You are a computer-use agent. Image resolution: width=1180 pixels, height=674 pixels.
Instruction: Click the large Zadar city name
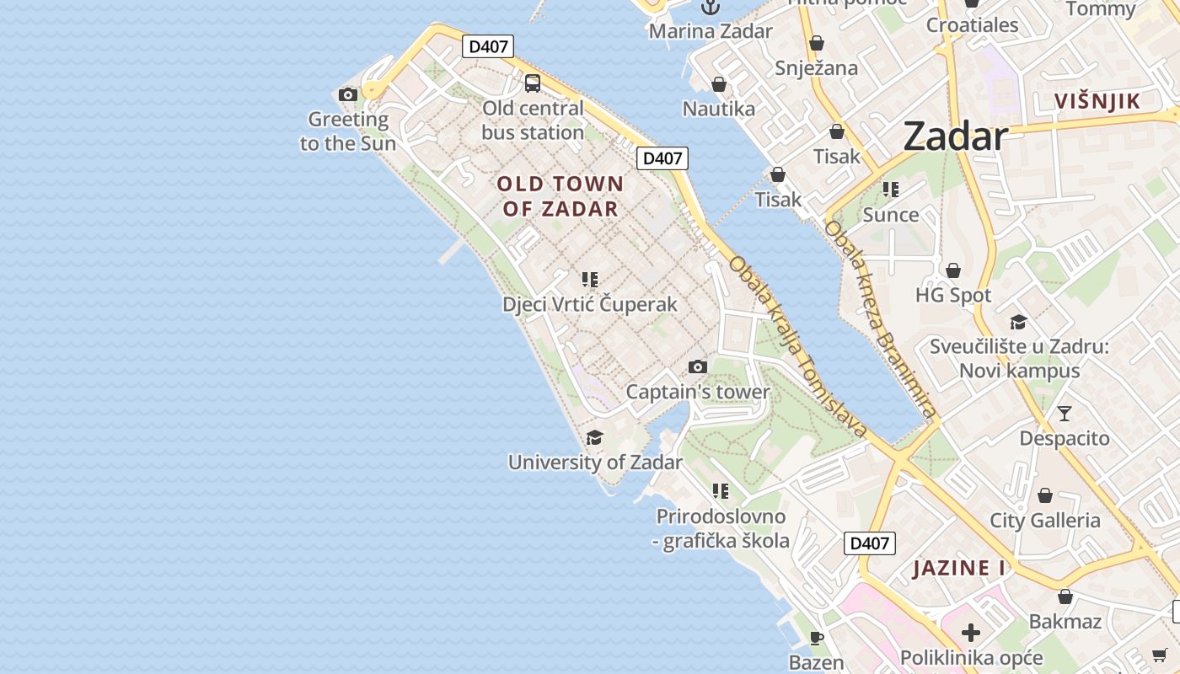[955, 136]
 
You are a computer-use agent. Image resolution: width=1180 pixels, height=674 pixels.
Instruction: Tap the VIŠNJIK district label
[1097, 102]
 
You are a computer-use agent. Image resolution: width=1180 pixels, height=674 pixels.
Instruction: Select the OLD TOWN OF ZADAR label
[560, 196]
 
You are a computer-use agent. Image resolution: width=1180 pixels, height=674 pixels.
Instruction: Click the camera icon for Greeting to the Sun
[347, 94]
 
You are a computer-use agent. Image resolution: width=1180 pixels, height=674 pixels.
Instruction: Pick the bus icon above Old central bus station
[533, 83]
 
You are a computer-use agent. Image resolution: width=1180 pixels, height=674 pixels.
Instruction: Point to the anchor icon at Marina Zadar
[711, 8]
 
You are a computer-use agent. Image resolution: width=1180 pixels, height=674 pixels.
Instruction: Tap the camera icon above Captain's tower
[697, 366]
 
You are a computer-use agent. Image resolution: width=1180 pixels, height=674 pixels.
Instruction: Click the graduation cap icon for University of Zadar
[595, 436]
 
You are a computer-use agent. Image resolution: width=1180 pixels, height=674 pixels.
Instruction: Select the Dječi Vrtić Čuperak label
[590, 304]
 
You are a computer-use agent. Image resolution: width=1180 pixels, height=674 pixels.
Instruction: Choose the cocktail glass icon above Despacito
[1065, 413]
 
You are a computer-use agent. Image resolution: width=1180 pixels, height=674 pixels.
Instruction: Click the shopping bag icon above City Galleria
[1045, 495]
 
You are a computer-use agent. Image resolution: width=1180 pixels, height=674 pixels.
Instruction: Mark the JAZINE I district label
[959, 568]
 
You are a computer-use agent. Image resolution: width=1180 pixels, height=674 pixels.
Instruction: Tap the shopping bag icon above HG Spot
[953, 270]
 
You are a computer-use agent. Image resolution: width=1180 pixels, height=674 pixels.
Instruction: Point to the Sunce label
[891, 215]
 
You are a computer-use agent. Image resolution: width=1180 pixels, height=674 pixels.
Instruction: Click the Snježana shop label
[816, 68]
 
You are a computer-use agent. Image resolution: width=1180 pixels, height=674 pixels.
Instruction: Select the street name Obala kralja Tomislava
[797, 346]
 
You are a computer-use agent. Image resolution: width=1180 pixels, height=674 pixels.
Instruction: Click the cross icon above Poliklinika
[971, 632]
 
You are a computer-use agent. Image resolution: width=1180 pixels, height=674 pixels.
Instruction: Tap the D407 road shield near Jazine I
[870, 543]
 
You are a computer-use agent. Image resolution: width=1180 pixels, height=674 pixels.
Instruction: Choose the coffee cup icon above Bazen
[816, 637]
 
